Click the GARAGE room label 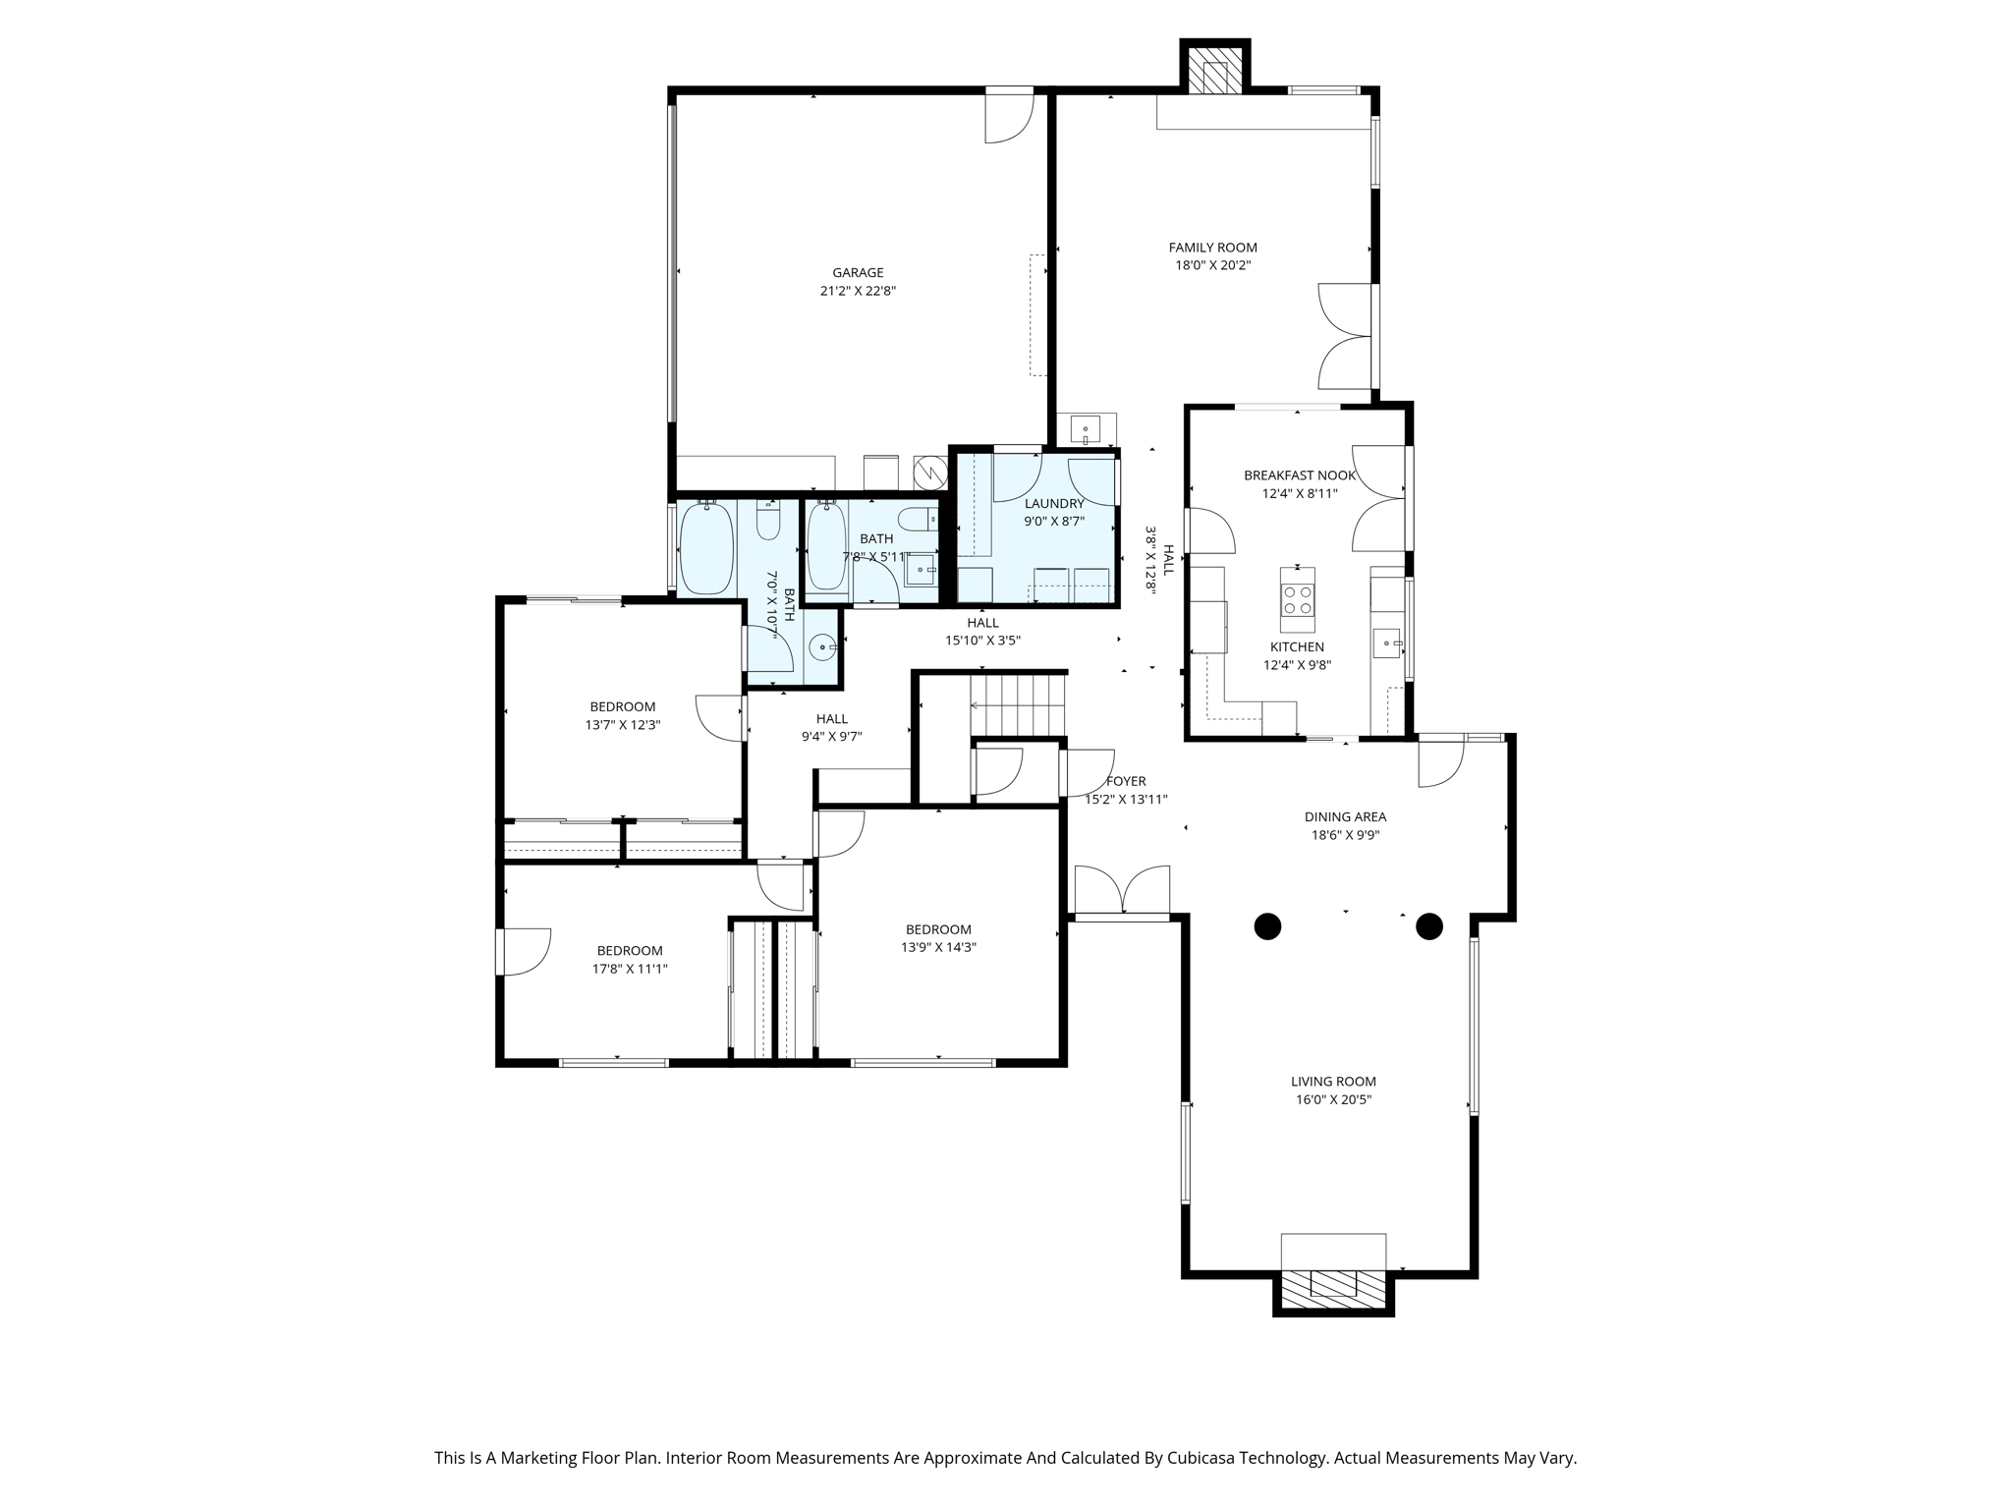(858, 273)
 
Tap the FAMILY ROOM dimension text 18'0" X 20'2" (1212, 265)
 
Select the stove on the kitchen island (1298, 599)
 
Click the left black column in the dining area (1267, 926)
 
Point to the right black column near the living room (1428, 926)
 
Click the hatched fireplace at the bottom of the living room (1333, 1283)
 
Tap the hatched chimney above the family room (1214, 75)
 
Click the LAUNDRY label (1054, 504)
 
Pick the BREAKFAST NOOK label (1299, 475)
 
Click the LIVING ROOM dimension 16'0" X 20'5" (1333, 1099)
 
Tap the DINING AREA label (1345, 816)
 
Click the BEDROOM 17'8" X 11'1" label (630, 950)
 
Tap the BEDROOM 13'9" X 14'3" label (938, 929)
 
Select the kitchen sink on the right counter (1387, 643)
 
